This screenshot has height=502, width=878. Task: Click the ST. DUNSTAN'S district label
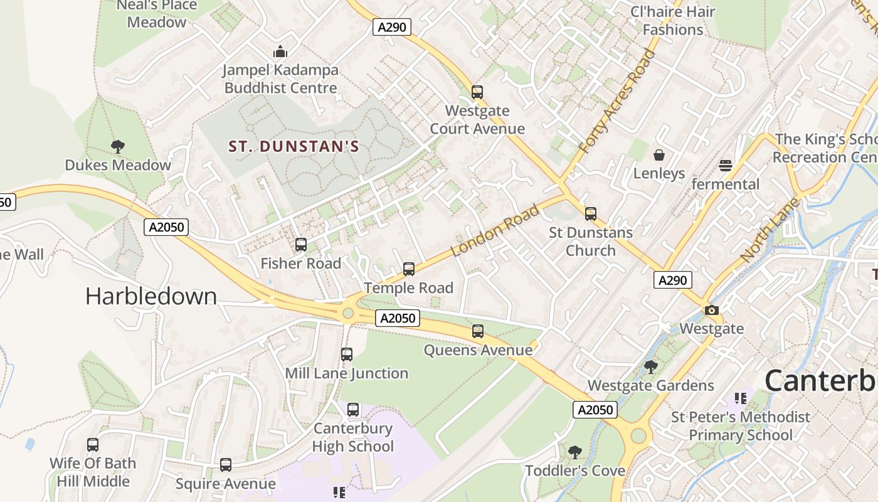tap(294, 147)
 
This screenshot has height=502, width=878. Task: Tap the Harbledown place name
tap(151, 296)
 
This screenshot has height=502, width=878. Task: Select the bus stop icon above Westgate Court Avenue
tap(477, 92)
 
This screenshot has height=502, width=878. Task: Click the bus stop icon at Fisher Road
tap(301, 245)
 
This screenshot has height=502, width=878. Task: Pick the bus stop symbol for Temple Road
tap(409, 269)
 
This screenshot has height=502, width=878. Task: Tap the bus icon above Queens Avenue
tap(478, 331)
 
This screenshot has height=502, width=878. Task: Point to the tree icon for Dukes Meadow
tap(117, 147)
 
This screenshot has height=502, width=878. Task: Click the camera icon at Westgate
tap(711, 310)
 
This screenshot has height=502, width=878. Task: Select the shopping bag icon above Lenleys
tap(659, 154)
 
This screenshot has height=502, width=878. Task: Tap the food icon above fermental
tap(726, 166)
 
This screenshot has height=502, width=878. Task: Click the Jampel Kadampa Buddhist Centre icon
tap(280, 51)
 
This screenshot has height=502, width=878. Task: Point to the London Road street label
tap(495, 230)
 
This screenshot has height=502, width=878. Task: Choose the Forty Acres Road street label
tap(616, 102)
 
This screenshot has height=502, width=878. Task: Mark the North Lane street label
tap(770, 230)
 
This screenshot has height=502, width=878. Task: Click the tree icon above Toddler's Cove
tap(574, 452)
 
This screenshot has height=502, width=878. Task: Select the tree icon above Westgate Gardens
tap(651, 366)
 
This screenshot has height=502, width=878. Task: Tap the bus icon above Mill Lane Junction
tap(347, 355)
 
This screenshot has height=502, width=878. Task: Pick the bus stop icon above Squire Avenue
tap(226, 465)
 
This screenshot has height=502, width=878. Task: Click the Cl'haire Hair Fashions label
tap(673, 21)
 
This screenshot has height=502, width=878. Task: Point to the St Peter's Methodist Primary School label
tap(740, 426)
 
